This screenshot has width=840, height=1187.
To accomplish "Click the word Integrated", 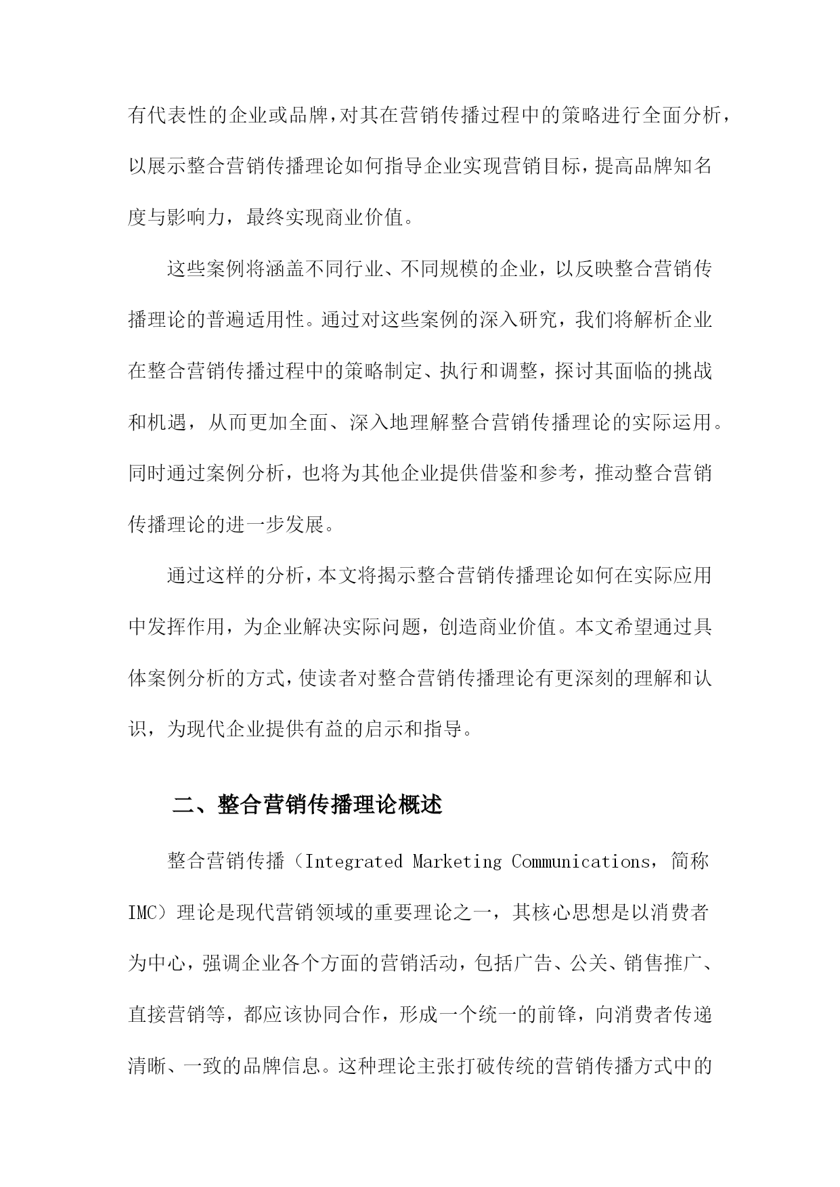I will coord(353,861).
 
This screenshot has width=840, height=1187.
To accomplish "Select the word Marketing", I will coord(457,861).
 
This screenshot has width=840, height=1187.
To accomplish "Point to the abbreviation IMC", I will coord(142,913).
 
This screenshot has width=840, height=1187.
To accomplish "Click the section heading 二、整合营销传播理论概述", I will coord(308,805).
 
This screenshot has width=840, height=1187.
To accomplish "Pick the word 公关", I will coord(587,964).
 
